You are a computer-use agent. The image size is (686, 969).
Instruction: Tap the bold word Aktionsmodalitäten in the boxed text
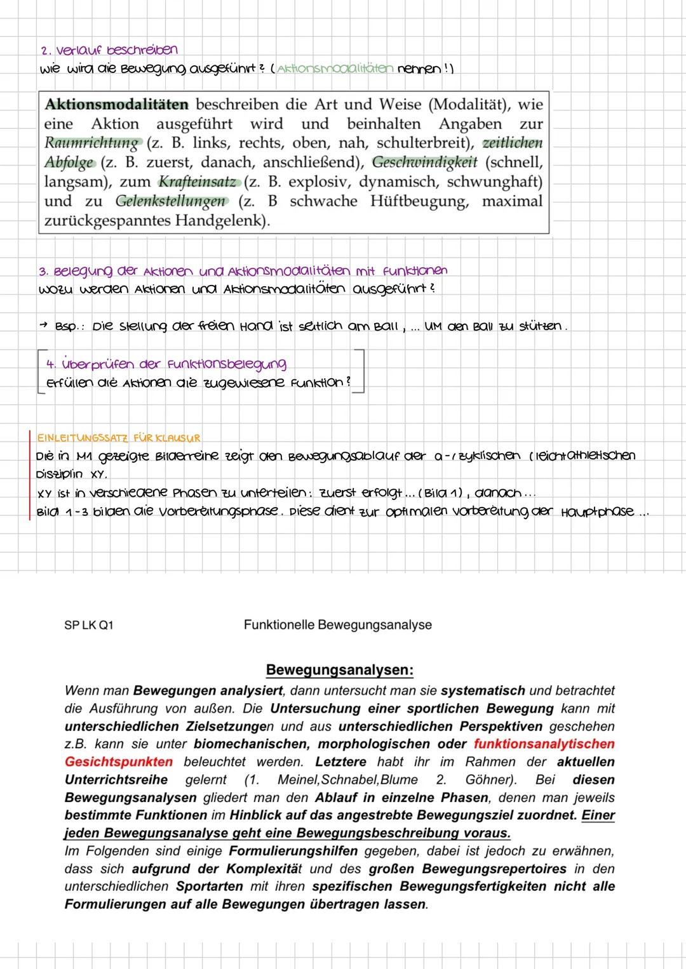(116, 104)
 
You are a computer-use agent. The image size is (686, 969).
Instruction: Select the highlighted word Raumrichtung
(91, 143)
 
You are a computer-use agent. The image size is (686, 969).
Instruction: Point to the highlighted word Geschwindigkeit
(424, 162)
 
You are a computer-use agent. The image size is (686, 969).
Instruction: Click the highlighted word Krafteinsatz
(198, 181)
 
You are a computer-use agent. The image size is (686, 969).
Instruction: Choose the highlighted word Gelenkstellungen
(171, 201)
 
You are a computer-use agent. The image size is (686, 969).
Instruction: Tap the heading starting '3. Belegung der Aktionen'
(243, 271)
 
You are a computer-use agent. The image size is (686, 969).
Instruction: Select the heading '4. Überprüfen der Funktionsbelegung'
(166, 364)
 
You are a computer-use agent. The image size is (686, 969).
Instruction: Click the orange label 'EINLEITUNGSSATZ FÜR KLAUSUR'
(119, 438)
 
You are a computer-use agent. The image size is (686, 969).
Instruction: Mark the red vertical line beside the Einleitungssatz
(30, 476)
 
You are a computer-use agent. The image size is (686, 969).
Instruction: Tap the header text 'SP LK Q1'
(89, 625)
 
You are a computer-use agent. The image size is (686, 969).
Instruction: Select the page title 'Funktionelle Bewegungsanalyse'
(337, 625)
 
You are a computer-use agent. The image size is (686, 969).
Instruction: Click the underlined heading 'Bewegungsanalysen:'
(339, 670)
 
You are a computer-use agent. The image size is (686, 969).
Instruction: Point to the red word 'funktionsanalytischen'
(544, 744)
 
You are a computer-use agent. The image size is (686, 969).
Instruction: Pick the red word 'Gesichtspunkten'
(119, 761)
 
